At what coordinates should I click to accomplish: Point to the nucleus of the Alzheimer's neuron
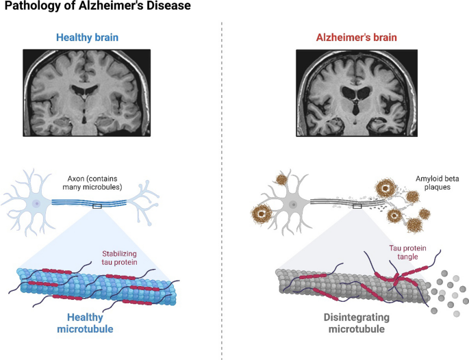[292, 204]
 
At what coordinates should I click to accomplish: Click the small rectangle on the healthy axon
[97, 205]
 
